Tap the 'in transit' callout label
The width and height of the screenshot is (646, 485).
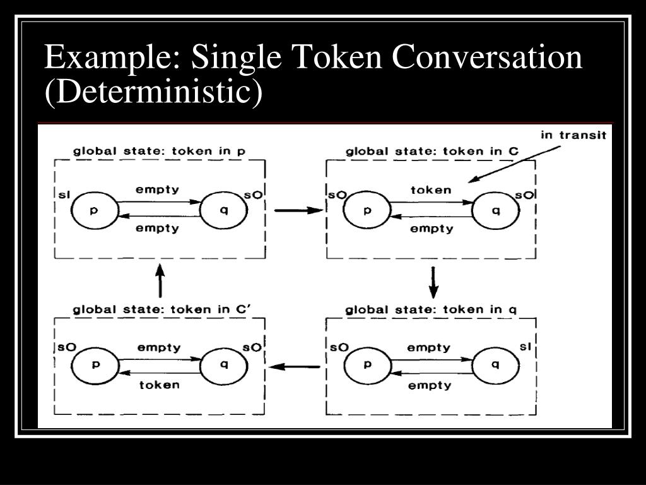(573, 135)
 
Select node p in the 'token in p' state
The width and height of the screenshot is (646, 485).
(95, 210)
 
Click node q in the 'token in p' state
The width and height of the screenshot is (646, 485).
(224, 210)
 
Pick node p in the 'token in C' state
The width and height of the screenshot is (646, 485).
(367, 210)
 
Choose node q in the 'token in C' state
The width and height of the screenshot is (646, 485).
(496, 210)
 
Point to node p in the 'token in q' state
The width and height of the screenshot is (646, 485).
(367, 365)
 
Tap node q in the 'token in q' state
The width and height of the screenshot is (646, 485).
(496, 365)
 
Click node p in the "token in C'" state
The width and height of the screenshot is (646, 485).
(95, 365)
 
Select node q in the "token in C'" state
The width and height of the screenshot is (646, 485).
(224, 365)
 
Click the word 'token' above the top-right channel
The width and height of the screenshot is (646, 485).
(431, 189)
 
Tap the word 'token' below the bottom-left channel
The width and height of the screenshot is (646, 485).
(159, 385)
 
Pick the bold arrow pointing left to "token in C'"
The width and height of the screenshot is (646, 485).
(295, 366)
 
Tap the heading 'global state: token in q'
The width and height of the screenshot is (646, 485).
(432, 309)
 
